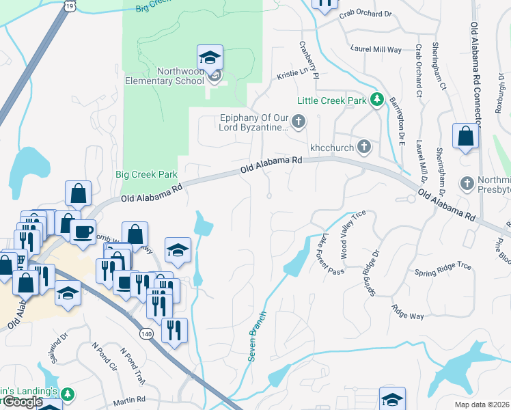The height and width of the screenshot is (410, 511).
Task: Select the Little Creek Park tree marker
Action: [376, 100]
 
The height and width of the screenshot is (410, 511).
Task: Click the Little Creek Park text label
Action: [332, 100]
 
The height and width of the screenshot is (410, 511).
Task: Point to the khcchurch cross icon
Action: [365, 146]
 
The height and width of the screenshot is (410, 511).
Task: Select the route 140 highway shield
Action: [146, 334]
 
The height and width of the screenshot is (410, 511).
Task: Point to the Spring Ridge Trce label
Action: [443, 273]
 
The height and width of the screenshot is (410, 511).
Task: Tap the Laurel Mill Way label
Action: [376, 49]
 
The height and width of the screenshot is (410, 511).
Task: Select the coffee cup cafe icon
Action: [83, 232]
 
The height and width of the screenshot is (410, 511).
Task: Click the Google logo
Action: [22, 402]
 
